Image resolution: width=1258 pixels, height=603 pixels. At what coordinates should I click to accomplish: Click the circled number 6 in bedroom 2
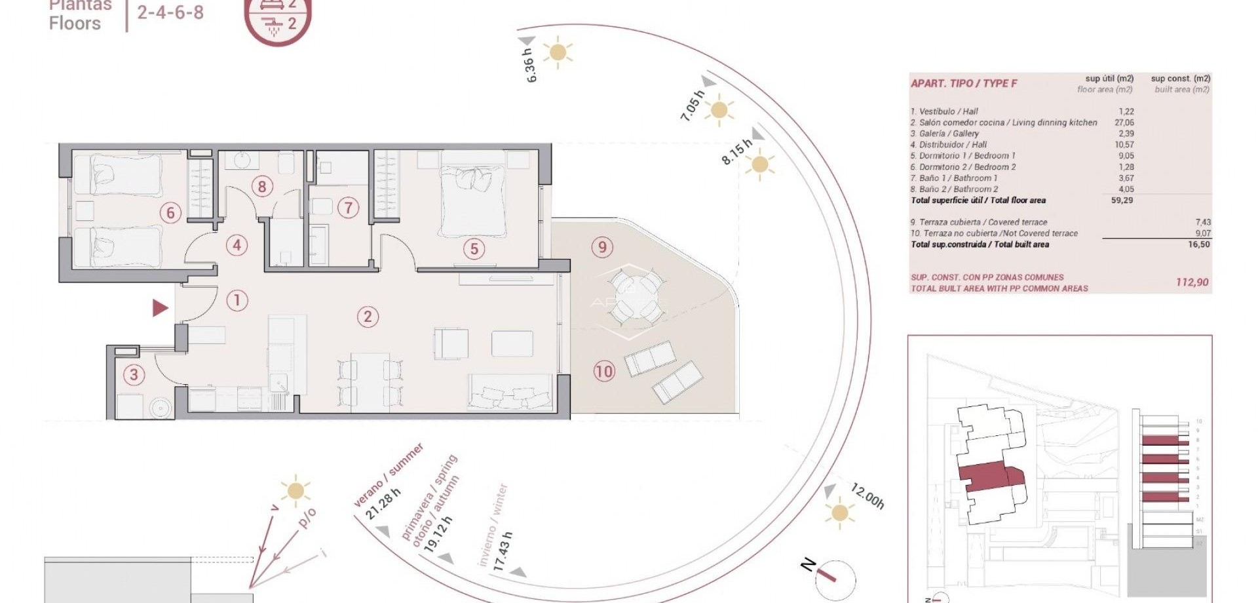coord(170,212)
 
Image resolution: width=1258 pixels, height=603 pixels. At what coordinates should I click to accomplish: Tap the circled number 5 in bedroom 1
coord(474,248)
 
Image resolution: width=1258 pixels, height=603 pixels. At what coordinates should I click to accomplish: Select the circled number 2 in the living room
coord(368,317)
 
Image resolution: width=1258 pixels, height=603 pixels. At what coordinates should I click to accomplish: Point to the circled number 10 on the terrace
coord(603,372)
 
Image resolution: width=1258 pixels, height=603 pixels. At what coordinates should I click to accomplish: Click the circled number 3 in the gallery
coord(134,375)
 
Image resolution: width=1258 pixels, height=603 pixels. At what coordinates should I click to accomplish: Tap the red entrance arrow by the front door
coord(160,307)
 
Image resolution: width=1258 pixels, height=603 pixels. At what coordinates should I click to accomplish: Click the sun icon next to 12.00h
coord(840,512)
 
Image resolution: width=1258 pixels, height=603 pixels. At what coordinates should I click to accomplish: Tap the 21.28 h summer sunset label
coord(383,503)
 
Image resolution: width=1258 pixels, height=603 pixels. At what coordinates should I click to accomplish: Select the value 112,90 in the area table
coord(1192,282)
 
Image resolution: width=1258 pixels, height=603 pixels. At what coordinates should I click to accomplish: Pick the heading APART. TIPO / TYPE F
coord(964,83)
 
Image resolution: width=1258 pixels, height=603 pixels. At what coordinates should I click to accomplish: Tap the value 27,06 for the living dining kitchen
coord(1124,123)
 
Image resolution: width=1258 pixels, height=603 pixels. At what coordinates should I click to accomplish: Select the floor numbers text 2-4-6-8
coord(170,12)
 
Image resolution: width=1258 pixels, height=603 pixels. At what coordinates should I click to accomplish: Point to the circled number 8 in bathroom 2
coord(261,187)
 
